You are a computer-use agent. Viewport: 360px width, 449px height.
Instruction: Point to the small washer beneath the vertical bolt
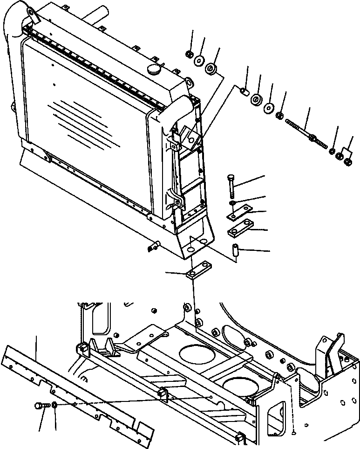coord(232,203)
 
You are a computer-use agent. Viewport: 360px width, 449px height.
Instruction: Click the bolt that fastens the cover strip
coord(41,406)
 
